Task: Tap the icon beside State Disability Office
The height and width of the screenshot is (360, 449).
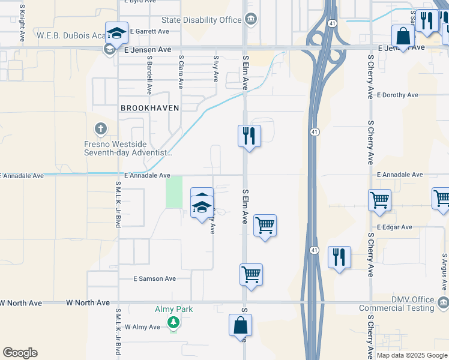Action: pos(250,20)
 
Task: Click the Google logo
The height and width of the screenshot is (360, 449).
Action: pos(20,353)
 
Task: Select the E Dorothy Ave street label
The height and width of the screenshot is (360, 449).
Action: pos(397,95)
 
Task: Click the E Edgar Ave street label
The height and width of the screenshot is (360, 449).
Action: pos(394,227)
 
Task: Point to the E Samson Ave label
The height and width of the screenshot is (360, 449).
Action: pos(154,279)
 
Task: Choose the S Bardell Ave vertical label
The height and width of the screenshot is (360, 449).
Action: pos(149,77)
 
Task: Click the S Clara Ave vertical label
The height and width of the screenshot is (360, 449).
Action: pos(181,72)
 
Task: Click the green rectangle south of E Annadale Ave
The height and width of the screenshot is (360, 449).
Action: pos(174,192)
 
